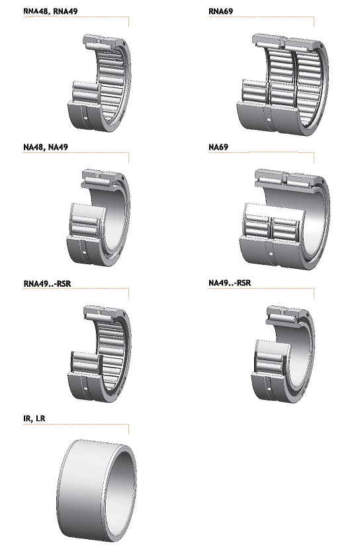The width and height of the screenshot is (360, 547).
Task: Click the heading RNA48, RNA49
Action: (50, 11)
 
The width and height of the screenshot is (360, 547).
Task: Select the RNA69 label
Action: (220, 11)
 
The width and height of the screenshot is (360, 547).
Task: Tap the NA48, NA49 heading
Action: (46, 147)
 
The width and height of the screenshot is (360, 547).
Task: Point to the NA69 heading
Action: (218, 147)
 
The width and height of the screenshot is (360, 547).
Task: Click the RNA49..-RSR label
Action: (47, 283)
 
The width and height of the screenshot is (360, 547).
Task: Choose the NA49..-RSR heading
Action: (230, 283)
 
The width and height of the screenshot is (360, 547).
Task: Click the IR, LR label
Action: (34, 418)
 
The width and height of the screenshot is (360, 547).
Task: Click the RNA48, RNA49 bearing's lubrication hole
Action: (86, 121)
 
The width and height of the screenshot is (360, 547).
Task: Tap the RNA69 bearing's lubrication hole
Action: (269, 121)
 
